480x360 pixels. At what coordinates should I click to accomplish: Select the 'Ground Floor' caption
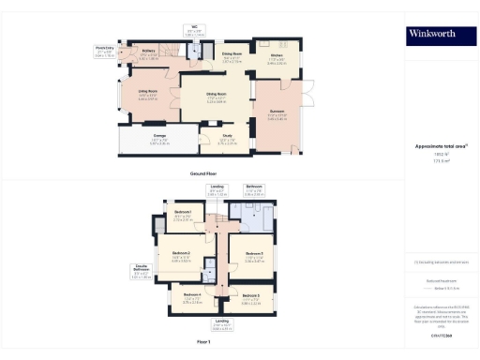tap(203, 174)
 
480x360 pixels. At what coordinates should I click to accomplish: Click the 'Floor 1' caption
tap(203, 342)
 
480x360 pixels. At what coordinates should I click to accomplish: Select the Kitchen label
tap(277, 55)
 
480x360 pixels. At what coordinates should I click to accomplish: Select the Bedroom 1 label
tap(183, 214)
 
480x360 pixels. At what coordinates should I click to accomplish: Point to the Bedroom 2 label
tap(182, 254)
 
